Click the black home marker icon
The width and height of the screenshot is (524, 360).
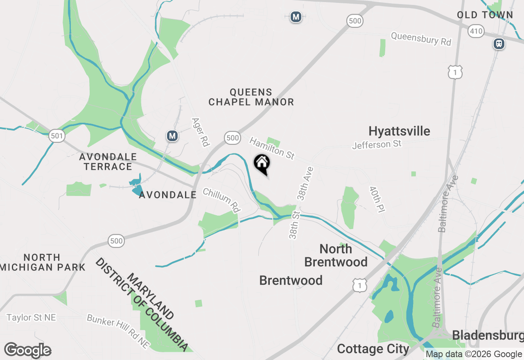[x=262, y=164]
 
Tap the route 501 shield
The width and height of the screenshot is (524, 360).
[x=57, y=136]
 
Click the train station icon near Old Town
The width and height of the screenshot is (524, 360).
[x=499, y=43]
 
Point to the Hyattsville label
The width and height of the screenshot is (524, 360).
[x=399, y=131]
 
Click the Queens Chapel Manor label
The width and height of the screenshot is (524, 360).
[x=251, y=97]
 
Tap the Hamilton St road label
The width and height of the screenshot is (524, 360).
[x=272, y=148]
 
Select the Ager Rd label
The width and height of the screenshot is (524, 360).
[x=201, y=132]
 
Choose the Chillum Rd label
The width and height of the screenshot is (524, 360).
[x=221, y=200]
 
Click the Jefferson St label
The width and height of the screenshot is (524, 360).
[x=377, y=144]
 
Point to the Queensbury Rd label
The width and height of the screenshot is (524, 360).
[x=421, y=39]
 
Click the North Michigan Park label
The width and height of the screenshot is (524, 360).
[x=43, y=262]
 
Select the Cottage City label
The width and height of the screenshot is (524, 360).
[x=373, y=349]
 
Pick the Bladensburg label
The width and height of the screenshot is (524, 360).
[x=488, y=335]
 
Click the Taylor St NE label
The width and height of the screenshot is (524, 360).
[x=31, y=317]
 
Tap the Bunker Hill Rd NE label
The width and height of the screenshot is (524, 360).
[x=118, y=331]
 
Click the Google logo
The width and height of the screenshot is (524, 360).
[x=28, y=350]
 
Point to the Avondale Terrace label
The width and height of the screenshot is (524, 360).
[x=108, y=162]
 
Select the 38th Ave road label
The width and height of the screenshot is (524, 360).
[x=305, y=184]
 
